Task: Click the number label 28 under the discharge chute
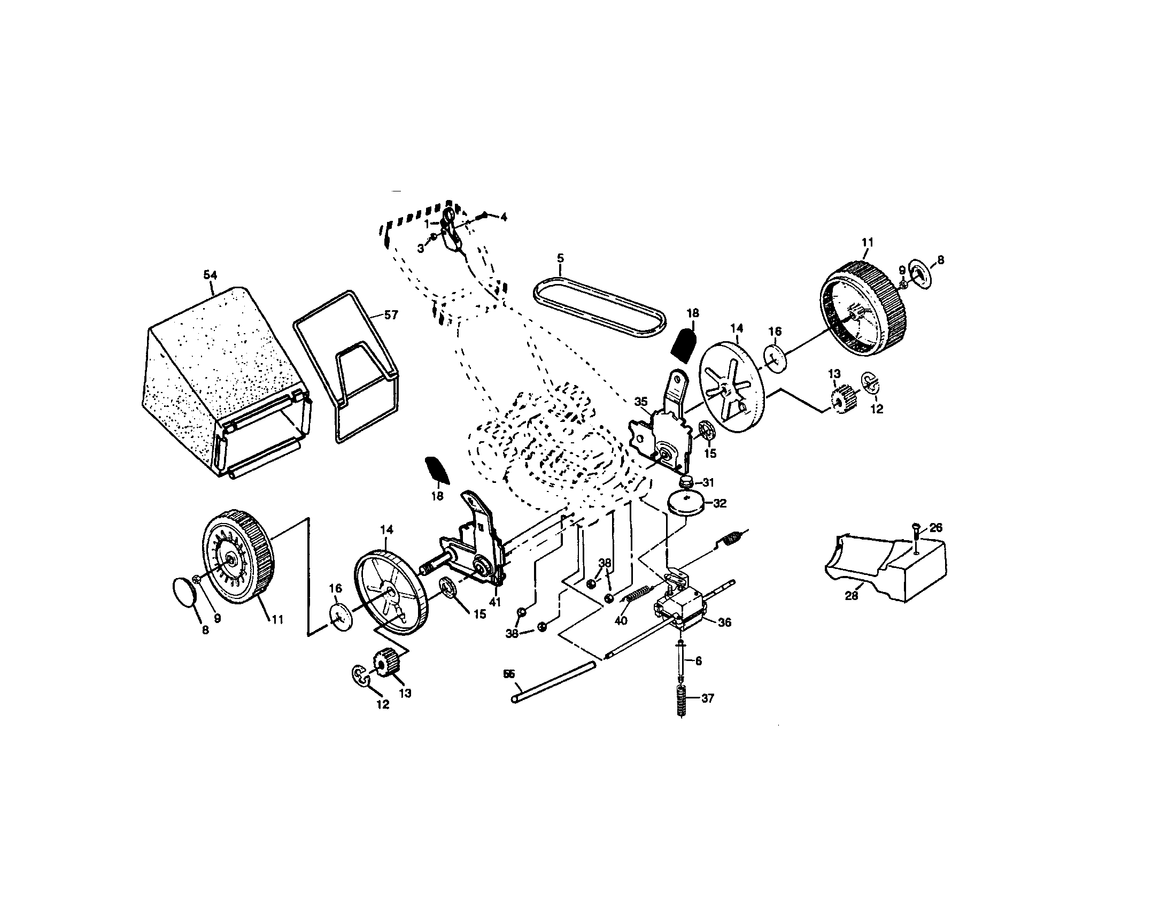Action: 852,596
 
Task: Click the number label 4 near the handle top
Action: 504,217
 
